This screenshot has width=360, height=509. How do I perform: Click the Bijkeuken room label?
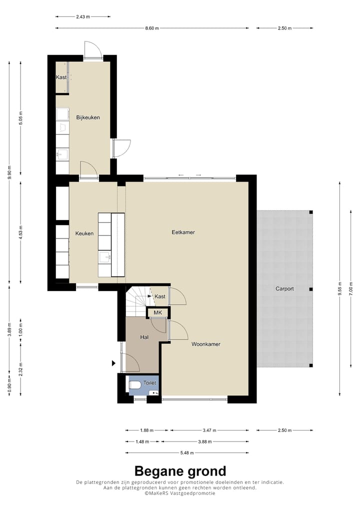pyautogui.click(x=88, y=117)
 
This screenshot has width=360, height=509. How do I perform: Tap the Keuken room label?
pyautogui.click(x=84, y=233)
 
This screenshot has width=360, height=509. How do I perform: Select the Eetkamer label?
pyautogui.click(x=183, y=232)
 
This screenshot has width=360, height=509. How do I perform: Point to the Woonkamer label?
pyautogui.click(x=205, y=344)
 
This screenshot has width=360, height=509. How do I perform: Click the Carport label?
pyautogui.click(x=284, y=288)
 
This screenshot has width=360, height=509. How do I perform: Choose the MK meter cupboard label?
pyautogui.click(x=158, y=313)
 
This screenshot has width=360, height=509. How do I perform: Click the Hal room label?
pyautogui.click(x=144, y=337)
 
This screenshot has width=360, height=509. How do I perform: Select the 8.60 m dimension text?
pyautogui.click(x=152, y=28)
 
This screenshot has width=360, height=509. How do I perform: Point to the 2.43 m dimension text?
pyautogui.click(x=83, y=16)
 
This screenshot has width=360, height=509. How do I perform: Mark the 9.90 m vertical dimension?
pyautogui.click(x=9, y=175)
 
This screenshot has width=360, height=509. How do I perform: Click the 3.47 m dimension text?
pyautogui.click(x=208, y=429)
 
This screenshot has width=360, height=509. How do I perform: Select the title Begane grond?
pyautogui.click(x=180, y=471)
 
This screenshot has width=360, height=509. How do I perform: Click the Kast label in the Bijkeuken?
pyautogui.click(x=61, y=77)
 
